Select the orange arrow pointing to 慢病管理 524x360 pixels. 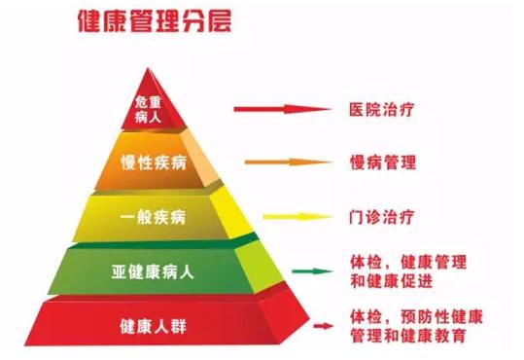(x=281, y=162)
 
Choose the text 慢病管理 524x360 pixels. (x=381, y=161)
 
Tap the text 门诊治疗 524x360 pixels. (x=381, y=213)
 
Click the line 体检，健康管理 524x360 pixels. (x=407, y=262)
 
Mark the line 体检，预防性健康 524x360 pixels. (x=416, y=317)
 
